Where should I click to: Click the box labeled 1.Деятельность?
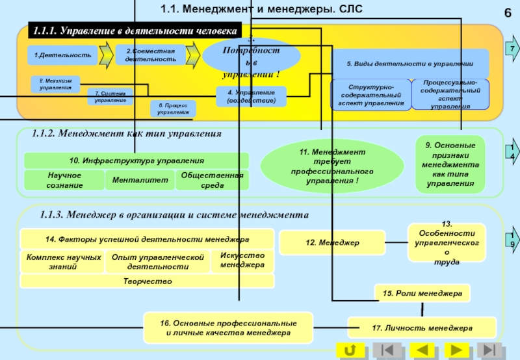point(62,56)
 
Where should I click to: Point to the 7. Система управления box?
point(110,97)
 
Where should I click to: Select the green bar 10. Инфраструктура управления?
point(136,161)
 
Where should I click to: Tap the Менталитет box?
point(140,179)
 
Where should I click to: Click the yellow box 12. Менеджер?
point(332,242)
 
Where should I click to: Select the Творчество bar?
point(148,281)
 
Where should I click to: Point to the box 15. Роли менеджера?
point(422,294)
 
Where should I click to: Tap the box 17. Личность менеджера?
point(422,328)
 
